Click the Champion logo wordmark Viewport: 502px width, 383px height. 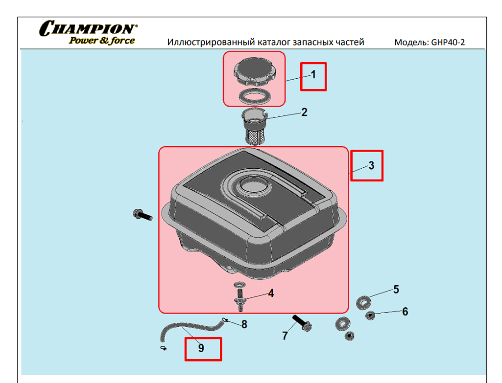(x=88, y=28)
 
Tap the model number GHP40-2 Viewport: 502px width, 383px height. (x=448, y=42)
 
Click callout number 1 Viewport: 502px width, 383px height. (x=313, y=74)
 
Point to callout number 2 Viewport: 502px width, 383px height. (x=304, y=112)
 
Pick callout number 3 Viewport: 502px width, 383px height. (x=371, y=165)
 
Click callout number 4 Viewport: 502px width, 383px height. (x=271, y=293)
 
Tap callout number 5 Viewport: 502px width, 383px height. (x=396, y=289)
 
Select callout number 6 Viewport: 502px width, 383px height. (x=405, y=312)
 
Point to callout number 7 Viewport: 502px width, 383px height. (x=285, y=336)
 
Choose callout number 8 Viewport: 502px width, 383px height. (x=244, y=324)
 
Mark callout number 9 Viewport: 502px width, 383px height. (x=201, y=348)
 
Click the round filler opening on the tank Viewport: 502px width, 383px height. (x=255, y=186)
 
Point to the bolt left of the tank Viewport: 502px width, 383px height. (x=143, y=215)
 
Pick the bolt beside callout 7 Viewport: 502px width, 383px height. (x=302, y=323)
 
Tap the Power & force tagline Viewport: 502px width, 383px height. (x=102, y=41)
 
